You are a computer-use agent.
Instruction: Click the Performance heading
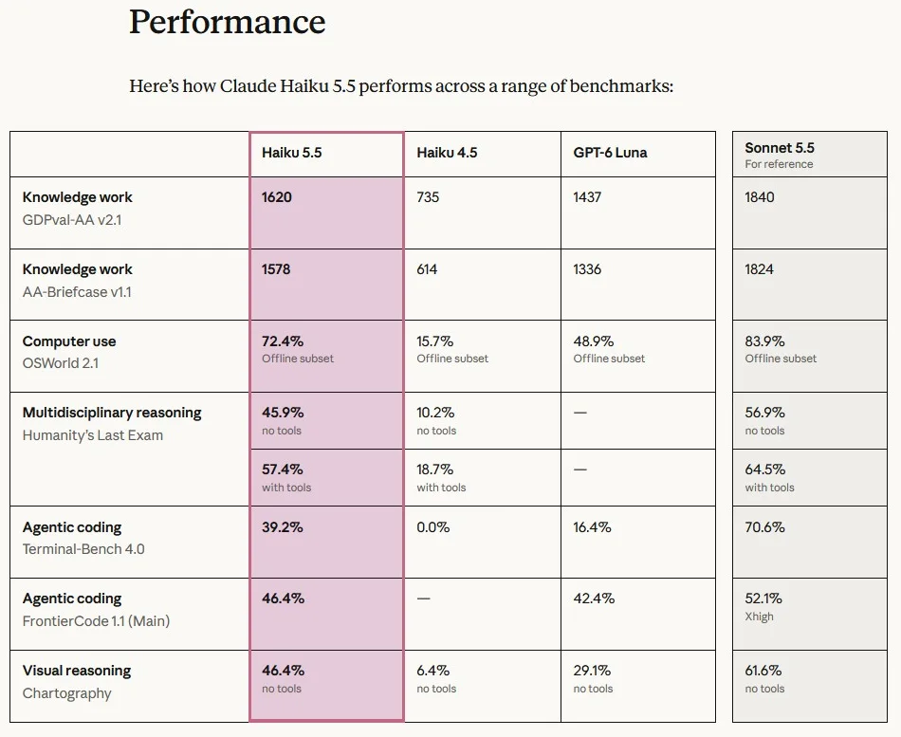click(x=227, y=22)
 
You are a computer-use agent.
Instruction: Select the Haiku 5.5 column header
click(x=291, y=153)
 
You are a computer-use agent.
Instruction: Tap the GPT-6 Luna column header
click(x=610, y=153)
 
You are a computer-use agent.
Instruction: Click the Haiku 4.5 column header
click(x=447, y=153)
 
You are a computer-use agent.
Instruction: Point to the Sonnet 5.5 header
click(x=780, y=148)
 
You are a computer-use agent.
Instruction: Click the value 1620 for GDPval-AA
click(x=276, y=197)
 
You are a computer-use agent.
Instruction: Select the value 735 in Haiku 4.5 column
click(x=428, y=197)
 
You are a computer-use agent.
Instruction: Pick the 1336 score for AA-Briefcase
click(x=587, y=269)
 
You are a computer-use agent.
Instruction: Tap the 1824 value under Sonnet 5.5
click(x=759, y=269)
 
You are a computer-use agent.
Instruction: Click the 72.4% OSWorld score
click(x=282, y=341)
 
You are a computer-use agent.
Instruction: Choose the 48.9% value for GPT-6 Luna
click(x=593, y=341)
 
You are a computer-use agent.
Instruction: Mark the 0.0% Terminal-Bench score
click(x=432, y=527)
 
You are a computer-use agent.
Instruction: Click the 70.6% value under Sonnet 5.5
click(x=764, y=527)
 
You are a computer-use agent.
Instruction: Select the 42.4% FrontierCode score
click(x=594, y=599)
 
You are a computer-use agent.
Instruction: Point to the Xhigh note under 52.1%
click(x=759, y=617)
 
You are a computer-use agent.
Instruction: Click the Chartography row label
click(x=66, y=693)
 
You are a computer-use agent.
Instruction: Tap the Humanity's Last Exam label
click(x=93, y=435)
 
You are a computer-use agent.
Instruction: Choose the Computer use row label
click(x=69, y=341)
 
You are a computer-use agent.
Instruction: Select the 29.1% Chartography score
click(x=592, y=671)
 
